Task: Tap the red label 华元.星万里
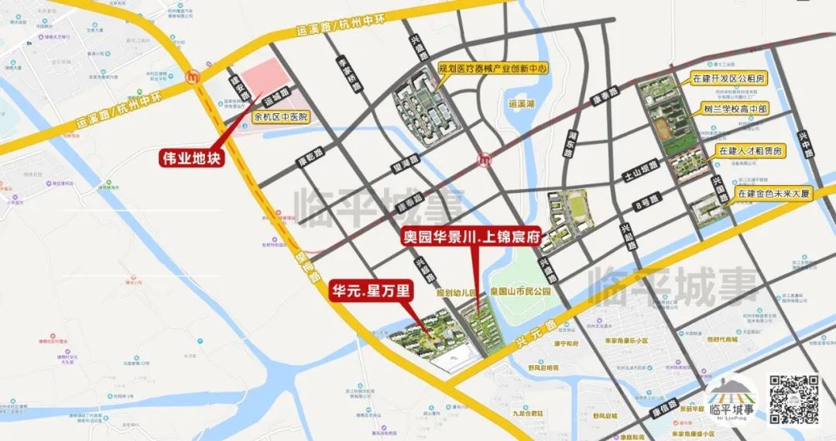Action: point(372,291)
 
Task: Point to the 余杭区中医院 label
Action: point(281,117)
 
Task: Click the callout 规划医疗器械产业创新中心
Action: point(493,69)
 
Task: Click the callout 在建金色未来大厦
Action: point(773,194)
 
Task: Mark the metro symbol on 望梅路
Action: point(194,77)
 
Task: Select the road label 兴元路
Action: point(534,335)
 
